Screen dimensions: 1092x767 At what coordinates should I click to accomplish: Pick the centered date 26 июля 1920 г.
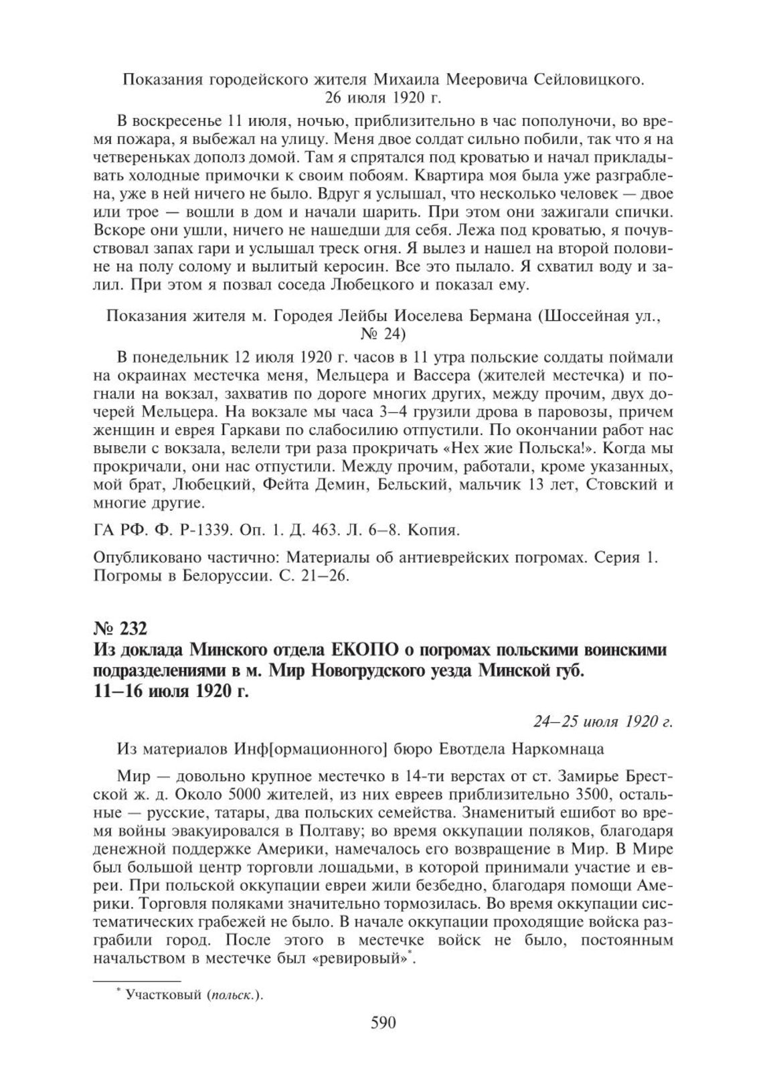tap(383, 99)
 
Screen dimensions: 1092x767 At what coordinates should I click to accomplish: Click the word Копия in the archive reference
tap(439, 530)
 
